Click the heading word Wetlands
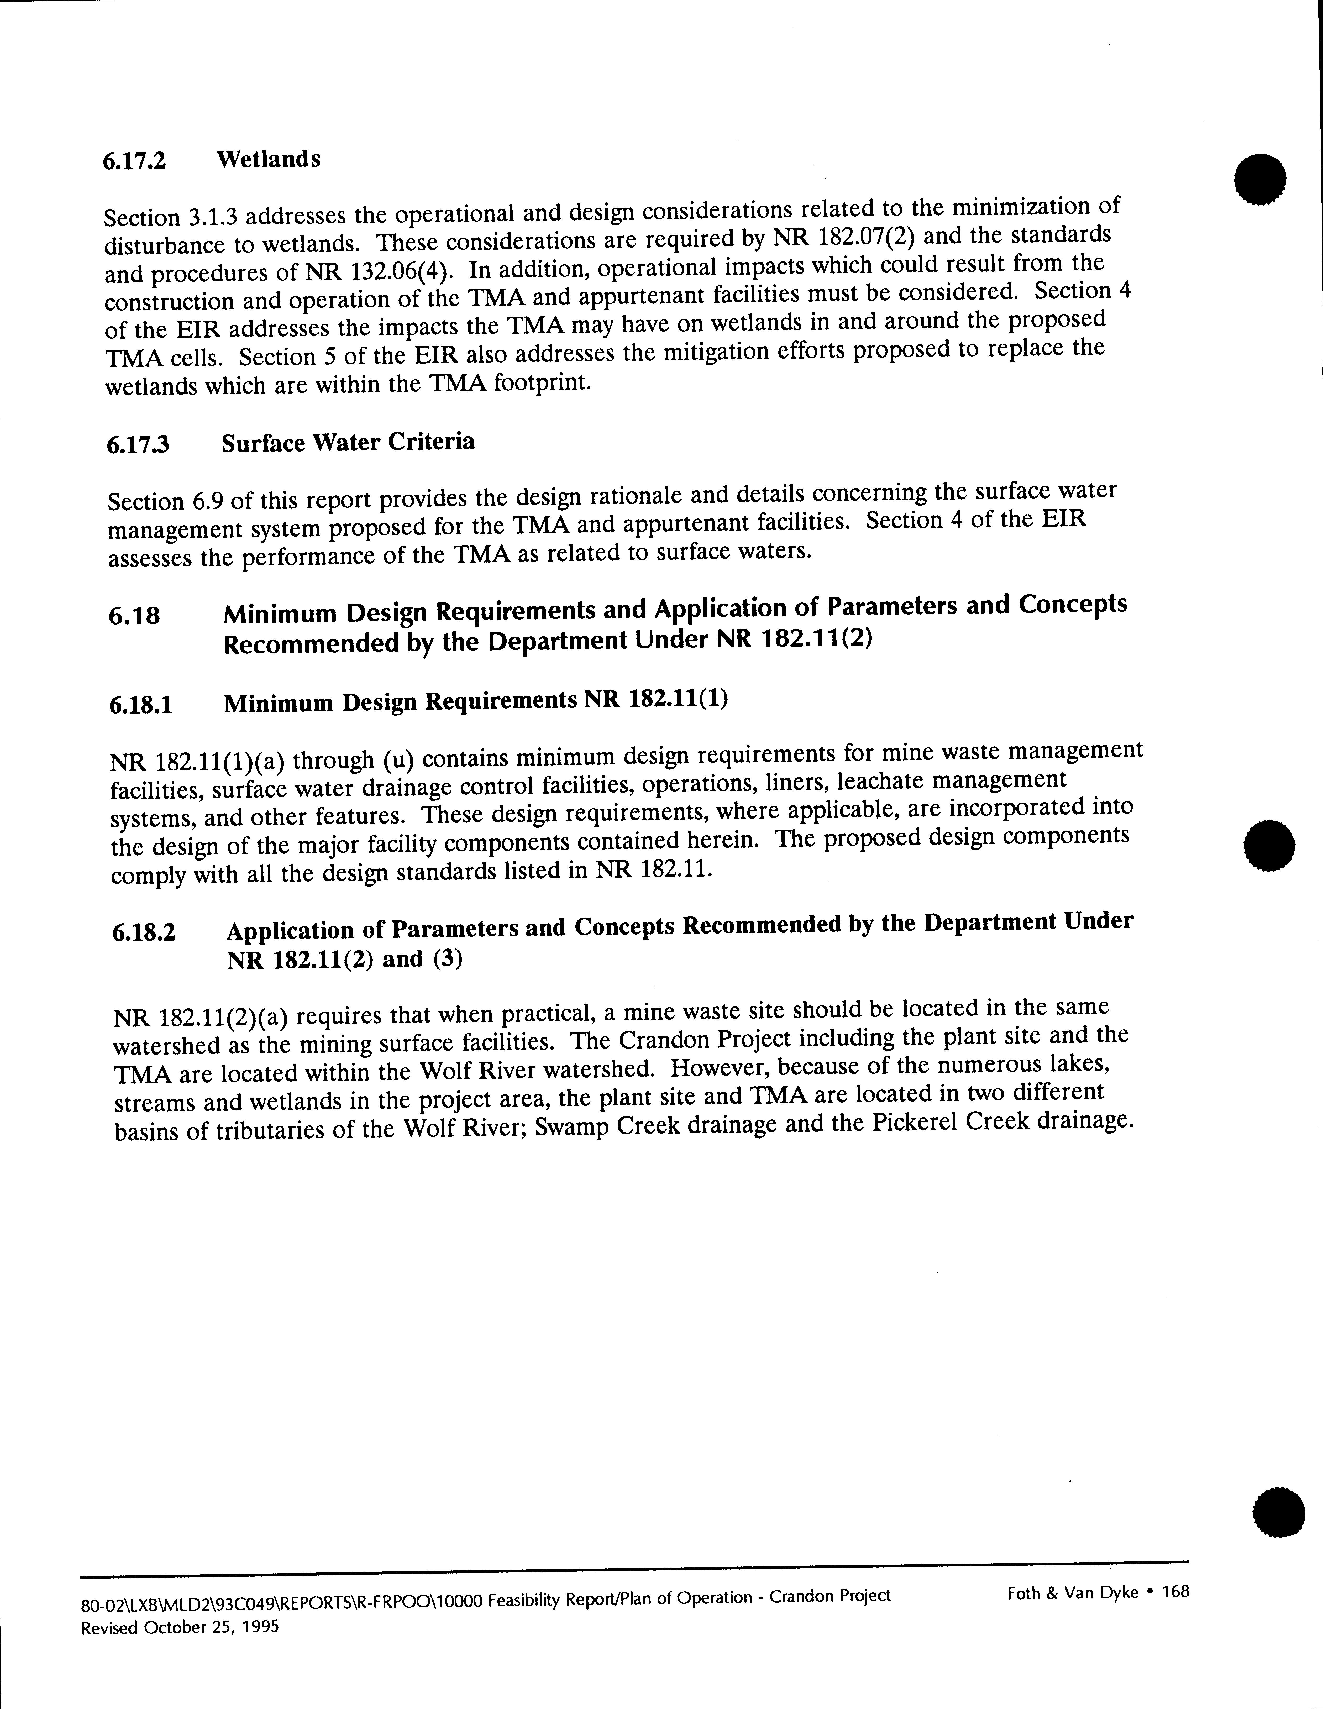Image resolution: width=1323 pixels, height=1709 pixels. click(x=268, y=159)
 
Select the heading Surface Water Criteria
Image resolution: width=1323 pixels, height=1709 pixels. click(x=347, y=442)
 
